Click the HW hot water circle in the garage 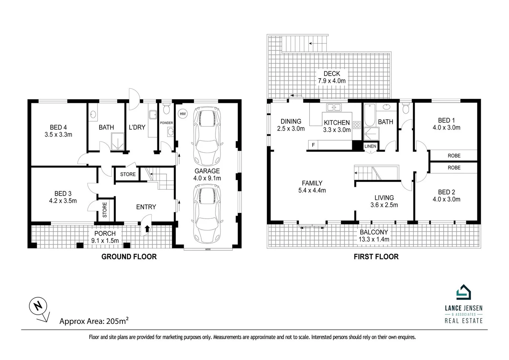pos(183,114)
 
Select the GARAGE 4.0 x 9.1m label pos(207,174)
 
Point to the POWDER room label pos(167,123)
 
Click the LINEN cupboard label pos(370,146)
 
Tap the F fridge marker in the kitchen pos(313,145)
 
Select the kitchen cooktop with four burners pos(357,125)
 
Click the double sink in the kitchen pos(334,107)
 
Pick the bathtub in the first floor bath pos(370,115)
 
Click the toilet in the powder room pos(167,109)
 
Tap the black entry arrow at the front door pos(147,228)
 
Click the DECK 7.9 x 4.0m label pos(332,77)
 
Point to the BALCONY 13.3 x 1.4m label pos(374,236)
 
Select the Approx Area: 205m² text pos(94,321)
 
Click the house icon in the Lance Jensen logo pos(464,292)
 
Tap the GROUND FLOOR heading pos(129,257)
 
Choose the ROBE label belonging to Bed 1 pos(454,156)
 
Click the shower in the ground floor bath pos(118,141)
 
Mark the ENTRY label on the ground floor pos(146,207)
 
